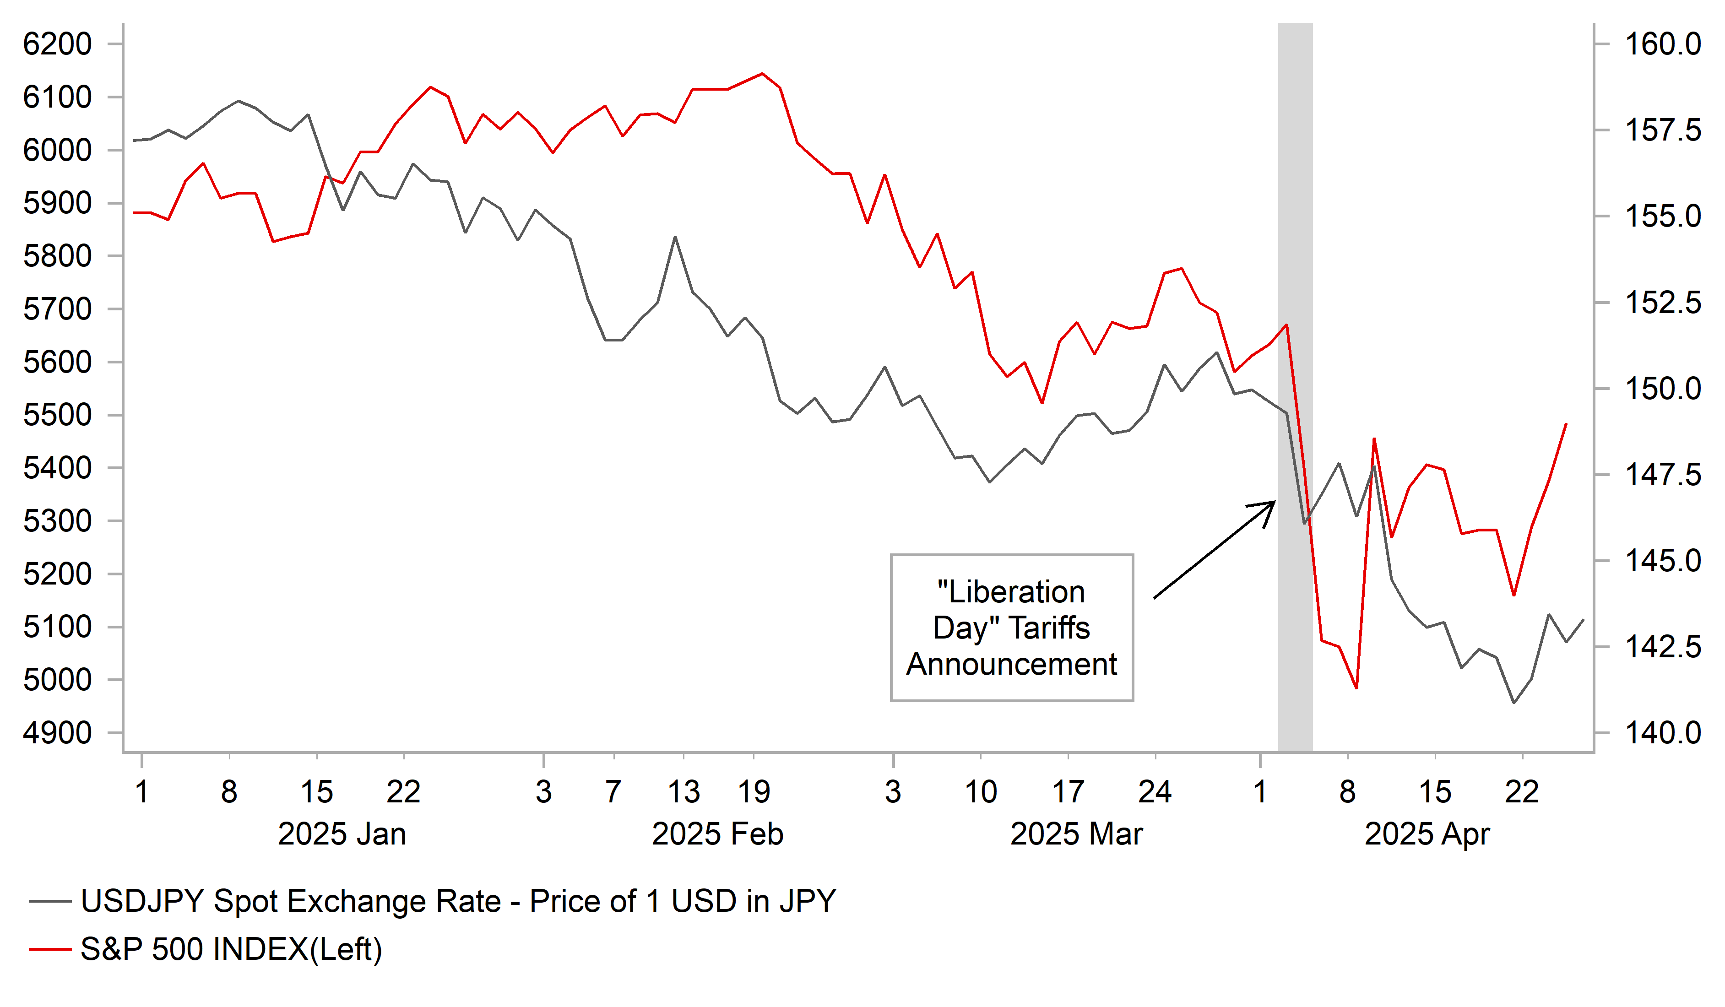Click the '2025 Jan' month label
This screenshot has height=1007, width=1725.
(x=342, y=834)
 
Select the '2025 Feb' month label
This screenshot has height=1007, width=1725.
(x=717, y=834)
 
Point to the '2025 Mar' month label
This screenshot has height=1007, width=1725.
(x=1076, y=834)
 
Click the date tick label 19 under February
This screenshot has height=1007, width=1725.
(x=754, y=792)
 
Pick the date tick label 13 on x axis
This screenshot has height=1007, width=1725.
(x=683, y=792)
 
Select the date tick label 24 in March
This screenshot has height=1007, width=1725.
(x=1155, y=792)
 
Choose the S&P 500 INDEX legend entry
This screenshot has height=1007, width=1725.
(x=231, y=949)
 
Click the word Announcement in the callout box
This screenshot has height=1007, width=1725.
(x=1011, y=664)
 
